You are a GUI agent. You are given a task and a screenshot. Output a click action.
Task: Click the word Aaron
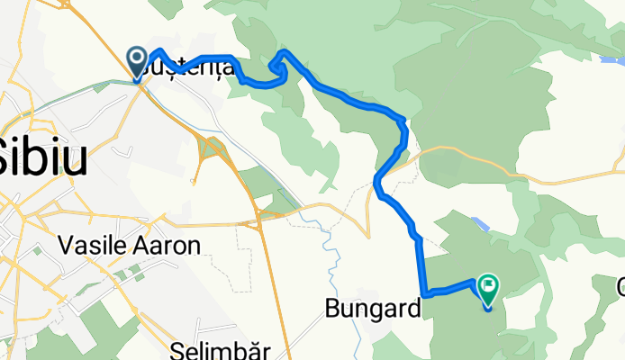[172, 246]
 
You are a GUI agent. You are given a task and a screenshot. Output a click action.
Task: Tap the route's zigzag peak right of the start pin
[160, 52]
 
